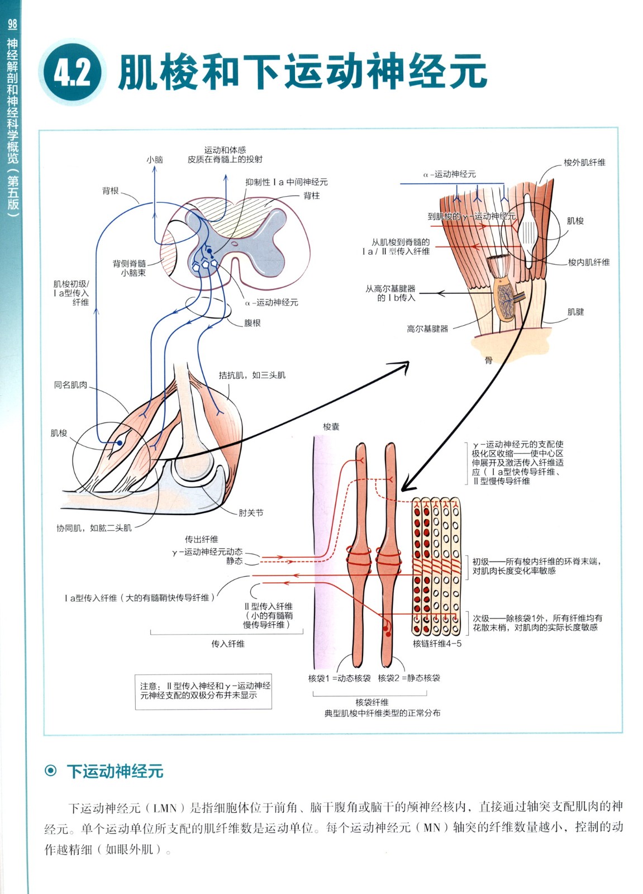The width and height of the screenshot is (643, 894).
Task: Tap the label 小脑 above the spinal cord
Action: pos(155,160)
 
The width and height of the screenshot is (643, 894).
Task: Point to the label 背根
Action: pos(111,191)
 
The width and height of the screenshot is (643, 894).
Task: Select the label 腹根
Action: pos(253,323)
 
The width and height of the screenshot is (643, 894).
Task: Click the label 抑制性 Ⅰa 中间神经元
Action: pos(286,182)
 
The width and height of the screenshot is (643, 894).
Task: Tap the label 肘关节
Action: pos(251,513)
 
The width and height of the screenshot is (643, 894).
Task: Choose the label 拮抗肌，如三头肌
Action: pos(252,375)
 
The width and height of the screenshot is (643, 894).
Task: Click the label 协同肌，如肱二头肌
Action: pos(94,528)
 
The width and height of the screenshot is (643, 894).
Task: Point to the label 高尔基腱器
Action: pos(427,329)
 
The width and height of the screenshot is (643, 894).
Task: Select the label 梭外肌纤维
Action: pos(584,163)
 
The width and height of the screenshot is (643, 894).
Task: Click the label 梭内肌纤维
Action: pos(589,262)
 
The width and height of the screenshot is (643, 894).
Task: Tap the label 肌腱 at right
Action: pos(575,312)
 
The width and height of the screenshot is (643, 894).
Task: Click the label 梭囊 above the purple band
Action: pos(331,427)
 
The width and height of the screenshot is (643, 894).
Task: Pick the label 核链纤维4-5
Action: pos(437,644)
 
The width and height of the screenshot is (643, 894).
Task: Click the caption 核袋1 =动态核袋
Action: pos(339,678)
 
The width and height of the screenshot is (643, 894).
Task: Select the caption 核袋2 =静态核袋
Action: pos(409,678)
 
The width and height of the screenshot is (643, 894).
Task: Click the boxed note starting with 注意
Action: pos(203,691)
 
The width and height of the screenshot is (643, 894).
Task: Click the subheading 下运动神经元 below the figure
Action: pos(115,772)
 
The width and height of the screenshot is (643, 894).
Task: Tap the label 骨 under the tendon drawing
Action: pos(489,361)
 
